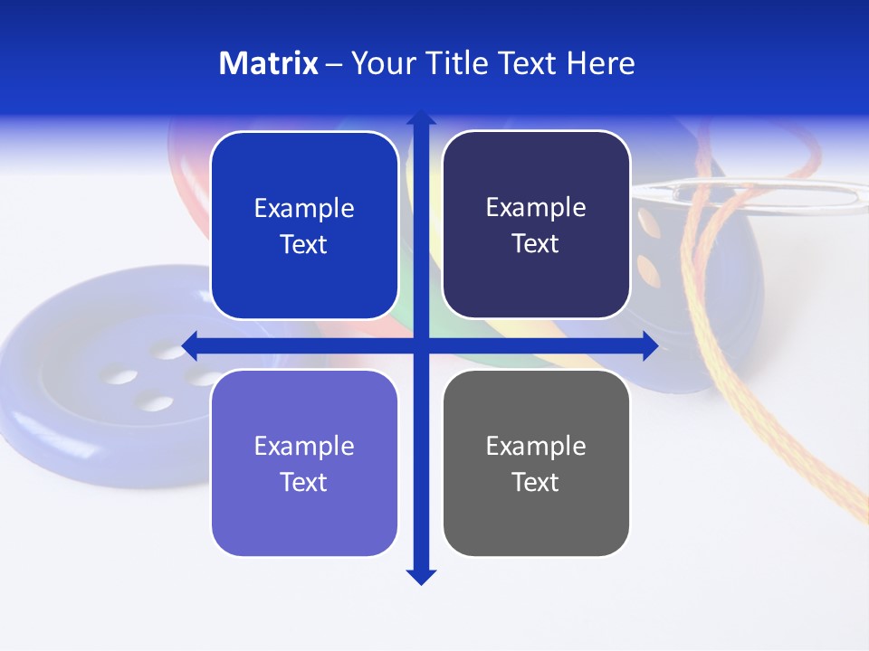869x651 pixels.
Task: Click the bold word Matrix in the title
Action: [268, 63]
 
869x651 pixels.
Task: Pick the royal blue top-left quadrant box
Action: [304, 225]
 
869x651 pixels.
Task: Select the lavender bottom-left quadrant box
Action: [304, 464]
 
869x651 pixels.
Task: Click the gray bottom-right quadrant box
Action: [536, 464]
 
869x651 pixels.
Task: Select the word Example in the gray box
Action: [536, 446]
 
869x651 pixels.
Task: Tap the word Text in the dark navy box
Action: [536, 244]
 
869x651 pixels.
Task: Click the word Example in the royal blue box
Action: [304, 208]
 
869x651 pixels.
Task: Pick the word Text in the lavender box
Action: [304, 483]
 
